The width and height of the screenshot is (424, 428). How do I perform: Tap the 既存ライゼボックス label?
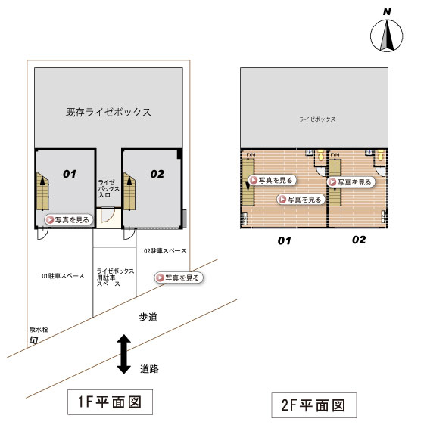coord(108,112)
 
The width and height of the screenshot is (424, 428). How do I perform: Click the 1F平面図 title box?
coord(111,402)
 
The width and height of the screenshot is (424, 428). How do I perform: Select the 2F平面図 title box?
coord(313,405)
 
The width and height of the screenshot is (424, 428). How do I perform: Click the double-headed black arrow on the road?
coord(124,354)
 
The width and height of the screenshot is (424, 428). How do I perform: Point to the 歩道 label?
coord(148,317)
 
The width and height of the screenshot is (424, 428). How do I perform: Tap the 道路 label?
coord(149,369)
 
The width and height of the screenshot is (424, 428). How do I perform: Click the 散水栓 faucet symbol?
coord(33,340)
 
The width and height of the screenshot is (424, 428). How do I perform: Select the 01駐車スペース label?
coord(63,276)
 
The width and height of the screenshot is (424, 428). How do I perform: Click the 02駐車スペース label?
coord(165,250)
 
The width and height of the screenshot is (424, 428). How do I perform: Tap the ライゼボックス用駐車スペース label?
coord(115,278)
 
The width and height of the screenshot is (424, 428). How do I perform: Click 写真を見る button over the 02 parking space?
coord(179,278)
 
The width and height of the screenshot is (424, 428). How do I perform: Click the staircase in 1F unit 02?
coord(129,191)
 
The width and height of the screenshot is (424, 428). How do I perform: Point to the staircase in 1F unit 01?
coord(42,191)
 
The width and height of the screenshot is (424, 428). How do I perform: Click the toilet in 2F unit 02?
coord(381,155)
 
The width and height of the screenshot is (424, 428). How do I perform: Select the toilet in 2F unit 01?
coord(321,155)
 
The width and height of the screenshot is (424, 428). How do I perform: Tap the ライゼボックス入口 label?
coord(108,188)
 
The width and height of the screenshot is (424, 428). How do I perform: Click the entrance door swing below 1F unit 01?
coord(42,234)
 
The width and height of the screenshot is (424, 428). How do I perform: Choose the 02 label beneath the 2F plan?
coord(359,240)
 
